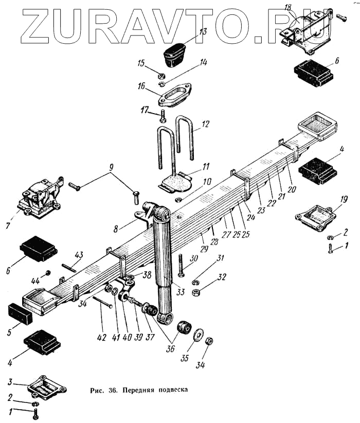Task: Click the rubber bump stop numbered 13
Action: [x=175, y=51]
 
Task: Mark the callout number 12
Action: [x=205, y=124]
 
